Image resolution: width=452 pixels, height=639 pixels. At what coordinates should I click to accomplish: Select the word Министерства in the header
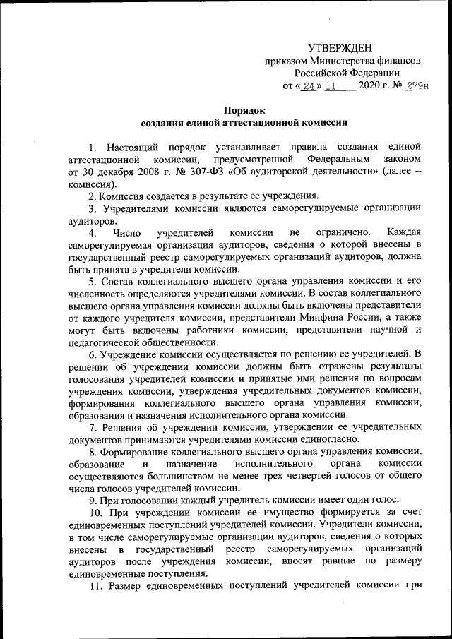335,61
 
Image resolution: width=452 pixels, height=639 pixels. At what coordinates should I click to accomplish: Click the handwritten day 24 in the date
308,88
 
